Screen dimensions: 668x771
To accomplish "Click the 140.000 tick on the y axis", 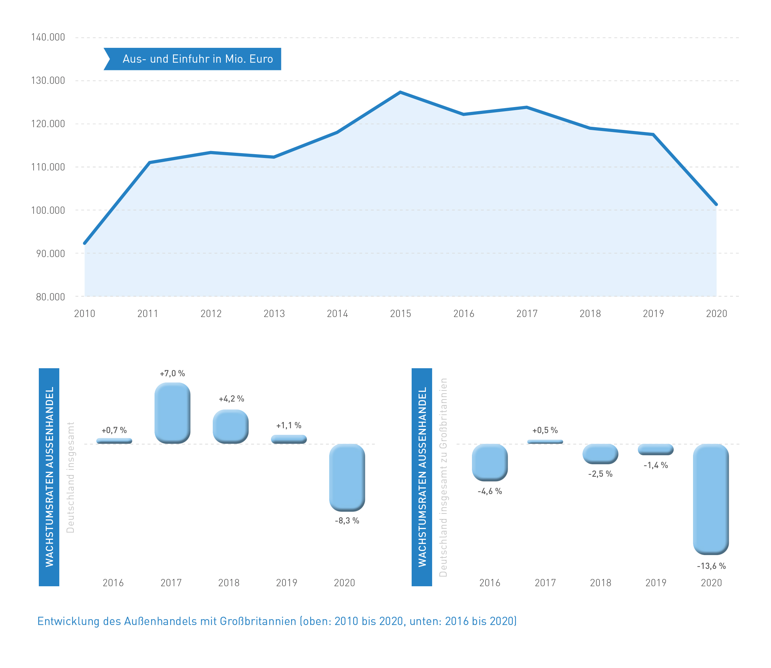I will (x=48, y=37).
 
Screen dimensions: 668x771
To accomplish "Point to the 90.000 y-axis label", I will (x=50, y=254).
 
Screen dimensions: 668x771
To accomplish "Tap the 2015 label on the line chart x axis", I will (x=401, y=314).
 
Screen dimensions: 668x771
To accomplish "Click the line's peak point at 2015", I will (x=400, y=92).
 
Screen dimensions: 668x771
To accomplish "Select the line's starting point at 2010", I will (x=85, y=243).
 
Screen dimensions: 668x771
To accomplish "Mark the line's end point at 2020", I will (x=716, y=204).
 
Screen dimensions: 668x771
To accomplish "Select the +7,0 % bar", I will (x=172, y=413).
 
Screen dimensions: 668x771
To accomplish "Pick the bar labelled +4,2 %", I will (x=230, y=427).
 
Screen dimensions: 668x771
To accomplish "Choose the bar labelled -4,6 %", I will (x=490, y=462).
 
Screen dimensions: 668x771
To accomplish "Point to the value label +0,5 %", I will (x=545, y=430).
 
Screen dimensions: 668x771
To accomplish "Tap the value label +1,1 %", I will (x=289, y=425).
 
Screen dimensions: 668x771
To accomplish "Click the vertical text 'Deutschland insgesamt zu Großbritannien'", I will (x=443, y=477).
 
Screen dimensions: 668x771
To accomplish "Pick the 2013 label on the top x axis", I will (x=274, y=314).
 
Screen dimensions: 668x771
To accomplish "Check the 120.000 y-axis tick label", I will (x=48, y=124).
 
